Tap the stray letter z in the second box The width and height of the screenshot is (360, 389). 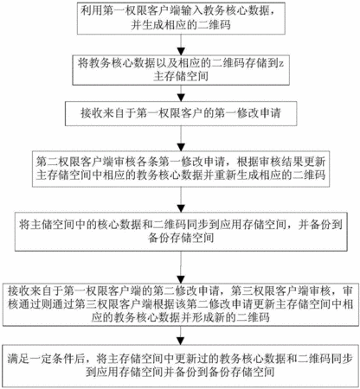coord(281,64)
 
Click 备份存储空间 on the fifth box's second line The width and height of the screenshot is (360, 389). coord(181,238)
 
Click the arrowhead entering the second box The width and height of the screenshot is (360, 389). coord(181,52)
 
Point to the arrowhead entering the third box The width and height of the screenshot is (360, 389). coord(181,98)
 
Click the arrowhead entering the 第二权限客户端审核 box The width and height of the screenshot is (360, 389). coord(181,147)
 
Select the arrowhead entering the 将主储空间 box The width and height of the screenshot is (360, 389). coord(181,208)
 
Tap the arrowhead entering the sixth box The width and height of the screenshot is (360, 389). coord(181,279)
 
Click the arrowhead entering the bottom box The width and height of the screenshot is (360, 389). coord(181,341)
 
